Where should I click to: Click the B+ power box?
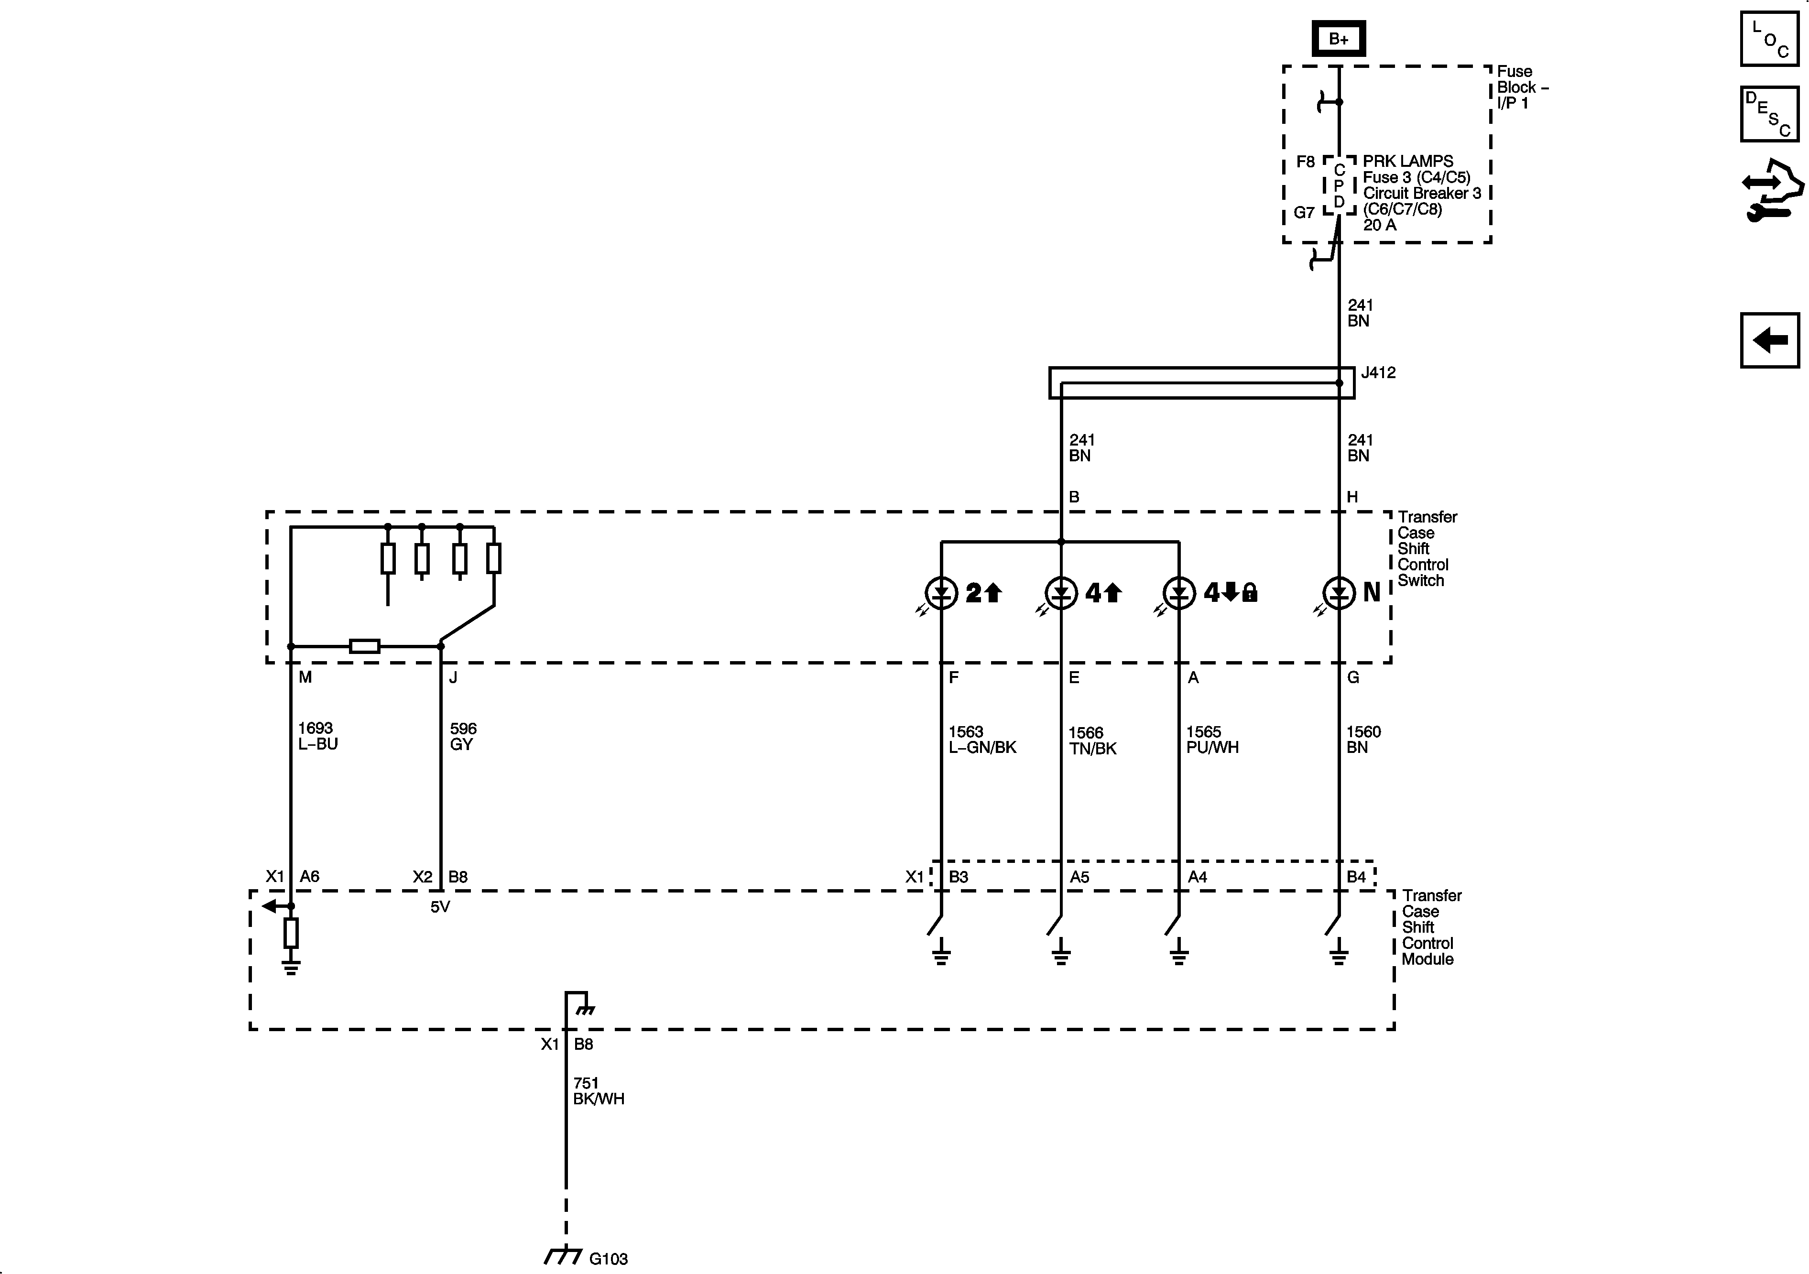[1338, 39]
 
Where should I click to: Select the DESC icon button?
[1769, 114]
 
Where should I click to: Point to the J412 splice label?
[1378, 373]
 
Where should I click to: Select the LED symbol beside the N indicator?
[1339, 592]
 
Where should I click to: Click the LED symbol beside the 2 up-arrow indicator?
[941, 592]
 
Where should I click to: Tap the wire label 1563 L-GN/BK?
[982, 740]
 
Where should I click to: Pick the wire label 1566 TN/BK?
[1092, 740]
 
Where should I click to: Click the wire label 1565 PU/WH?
[1212, 740]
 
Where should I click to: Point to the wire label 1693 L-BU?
[317, 736]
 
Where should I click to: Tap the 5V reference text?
[440, 907]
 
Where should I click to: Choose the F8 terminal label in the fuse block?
[1306, 162]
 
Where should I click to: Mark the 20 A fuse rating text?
[1380, 225]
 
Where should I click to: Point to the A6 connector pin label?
[310, 876]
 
